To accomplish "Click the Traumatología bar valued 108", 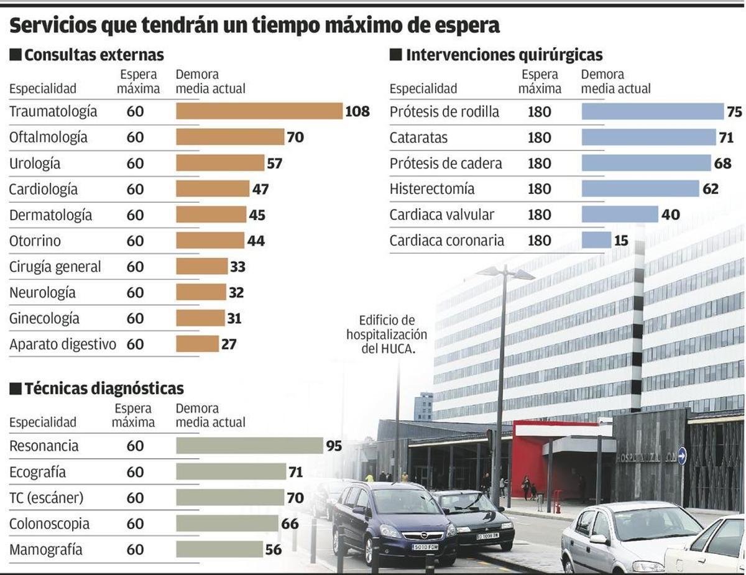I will (259, 111).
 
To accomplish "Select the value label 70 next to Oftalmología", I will (295, 137).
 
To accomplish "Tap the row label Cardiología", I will (44, 189).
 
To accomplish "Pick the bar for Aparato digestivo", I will (197, 344).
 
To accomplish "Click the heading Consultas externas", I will (94, 55).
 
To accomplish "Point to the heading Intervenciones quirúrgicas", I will (504, 55).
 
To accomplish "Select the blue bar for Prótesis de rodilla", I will (653, 112).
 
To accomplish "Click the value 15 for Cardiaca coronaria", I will (621, 241).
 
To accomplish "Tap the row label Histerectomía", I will (432, 189).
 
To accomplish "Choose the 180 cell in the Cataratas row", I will (539, 138).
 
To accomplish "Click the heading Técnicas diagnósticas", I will (104, 389).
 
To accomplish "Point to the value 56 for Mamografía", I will (274, 550).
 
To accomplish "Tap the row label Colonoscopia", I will (49, 524).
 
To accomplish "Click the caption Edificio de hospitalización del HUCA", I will (387, 334).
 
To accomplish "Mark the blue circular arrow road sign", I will (682, 456).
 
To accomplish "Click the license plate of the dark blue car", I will (425, 547).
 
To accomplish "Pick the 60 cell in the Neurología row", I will (135, 292).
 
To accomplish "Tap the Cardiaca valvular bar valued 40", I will (619, 214).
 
